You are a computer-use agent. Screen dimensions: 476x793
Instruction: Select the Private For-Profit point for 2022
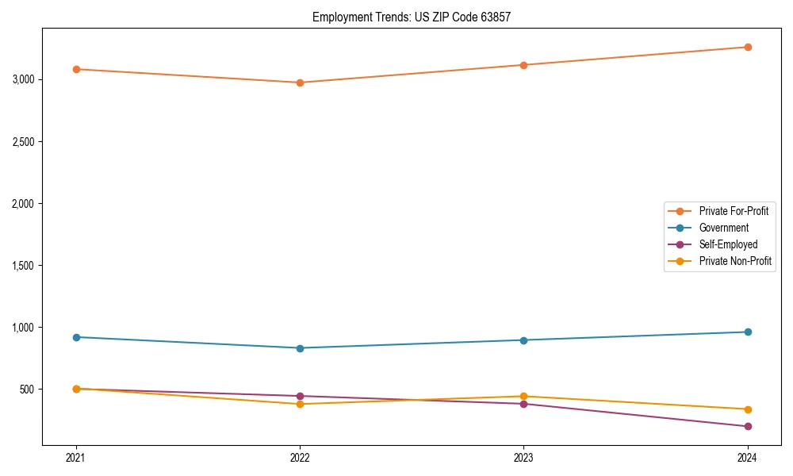pyautogui.click(x=300, y=83)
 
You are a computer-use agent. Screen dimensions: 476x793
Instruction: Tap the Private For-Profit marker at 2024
pyautogui.click(x=747, y=47)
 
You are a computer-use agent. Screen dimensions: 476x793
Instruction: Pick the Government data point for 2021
pyautogui.click(x=76, y=337)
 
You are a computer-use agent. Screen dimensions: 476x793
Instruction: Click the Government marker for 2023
pyautogui.click(x=523, y=340)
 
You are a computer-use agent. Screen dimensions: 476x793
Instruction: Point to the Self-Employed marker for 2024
pyautogui.click(x=747, y=426)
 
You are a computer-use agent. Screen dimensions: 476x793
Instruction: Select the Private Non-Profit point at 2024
pyautogui.click(x=747, y=409)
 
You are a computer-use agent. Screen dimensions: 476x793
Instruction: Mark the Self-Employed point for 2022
pyautogui.click(x=300, y=396)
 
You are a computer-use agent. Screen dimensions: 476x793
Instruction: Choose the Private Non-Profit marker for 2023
pyautogui.click(x=523, y=396)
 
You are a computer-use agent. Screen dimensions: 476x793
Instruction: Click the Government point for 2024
pyautogui.click(x=747, y=332)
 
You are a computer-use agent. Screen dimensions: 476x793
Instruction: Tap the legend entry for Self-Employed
pyautogui.click(x=728, y=244)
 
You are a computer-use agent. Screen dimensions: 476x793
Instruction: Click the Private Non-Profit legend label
pyautogui.click(x=735, y=261)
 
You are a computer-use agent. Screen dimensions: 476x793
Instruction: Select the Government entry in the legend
pyautogui.click(x=723, y=228)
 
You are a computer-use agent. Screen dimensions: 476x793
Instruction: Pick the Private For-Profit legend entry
pyautogui.click(x=734, y=211)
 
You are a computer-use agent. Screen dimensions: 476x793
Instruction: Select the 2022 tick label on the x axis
pyautogui.click(x=300, y=457)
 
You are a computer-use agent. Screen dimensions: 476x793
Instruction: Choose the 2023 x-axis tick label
pyautogui.click(x=523, y=457)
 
